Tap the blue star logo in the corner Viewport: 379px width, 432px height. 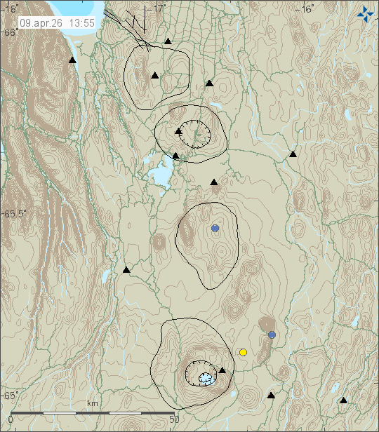[x=364, y=13]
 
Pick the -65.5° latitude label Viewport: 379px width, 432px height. [x=15, y=214]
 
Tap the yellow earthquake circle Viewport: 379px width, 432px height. [x=243, y=352]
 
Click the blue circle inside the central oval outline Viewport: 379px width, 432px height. [x=215, y=229]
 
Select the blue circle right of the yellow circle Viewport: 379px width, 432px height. [x=272, y=335]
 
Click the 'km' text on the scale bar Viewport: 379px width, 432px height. [x=92, y=403]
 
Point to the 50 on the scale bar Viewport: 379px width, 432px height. [x=175, y=419]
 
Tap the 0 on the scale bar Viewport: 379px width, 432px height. [x=11, y=419]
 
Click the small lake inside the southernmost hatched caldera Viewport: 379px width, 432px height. [x=205, y=378]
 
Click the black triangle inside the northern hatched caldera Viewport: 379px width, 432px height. [x=179, y=130]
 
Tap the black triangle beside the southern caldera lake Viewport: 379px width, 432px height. [x=222, y=370]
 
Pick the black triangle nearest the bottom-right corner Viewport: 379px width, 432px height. [x=343, y=400]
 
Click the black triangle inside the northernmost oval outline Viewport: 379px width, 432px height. [x=154, y=75]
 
